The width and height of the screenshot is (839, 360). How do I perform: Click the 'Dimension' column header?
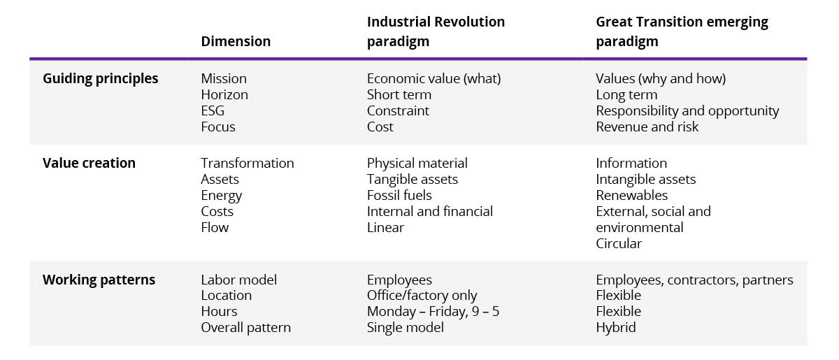tap(235, 41)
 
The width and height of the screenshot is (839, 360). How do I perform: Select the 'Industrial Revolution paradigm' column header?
tap(436, 31)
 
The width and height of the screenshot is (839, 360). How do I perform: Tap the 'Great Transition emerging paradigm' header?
tap(681, 31)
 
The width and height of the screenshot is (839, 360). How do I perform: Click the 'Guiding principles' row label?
tap(101, 78)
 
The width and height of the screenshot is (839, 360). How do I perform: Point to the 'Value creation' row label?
tap(89, 163)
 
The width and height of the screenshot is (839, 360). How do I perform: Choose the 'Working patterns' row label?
tap(99, 280)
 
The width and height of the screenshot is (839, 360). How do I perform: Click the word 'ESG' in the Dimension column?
tap(213, 110)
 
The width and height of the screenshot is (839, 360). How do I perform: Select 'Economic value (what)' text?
tap(433, 78)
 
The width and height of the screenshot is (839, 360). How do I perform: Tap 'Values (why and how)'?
tap(660, 78)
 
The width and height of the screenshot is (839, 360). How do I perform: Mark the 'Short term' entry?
tap(399, 94)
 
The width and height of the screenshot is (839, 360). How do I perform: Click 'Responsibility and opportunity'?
tap(687, 110)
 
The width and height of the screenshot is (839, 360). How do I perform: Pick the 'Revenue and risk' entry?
tap(647, 127)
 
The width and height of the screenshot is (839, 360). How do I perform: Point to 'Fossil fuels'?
tap(399, 195)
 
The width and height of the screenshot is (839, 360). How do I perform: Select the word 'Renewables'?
tap(631, 195)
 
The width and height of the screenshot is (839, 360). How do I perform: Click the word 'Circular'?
tap(618, 243)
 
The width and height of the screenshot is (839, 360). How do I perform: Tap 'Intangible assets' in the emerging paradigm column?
tap(645, 179)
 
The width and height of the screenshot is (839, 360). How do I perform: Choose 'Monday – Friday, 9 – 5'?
tap(433, 311)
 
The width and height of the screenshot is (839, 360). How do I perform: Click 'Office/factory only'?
tap(422, 295)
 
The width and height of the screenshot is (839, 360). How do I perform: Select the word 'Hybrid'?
tap(615, 327)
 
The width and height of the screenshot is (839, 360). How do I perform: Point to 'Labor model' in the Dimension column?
tap(238, 280)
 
